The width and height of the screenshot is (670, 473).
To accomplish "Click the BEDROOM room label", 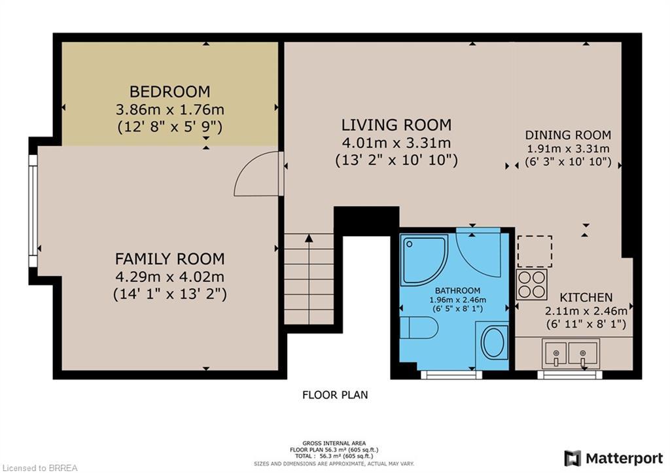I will [x=169, y=92].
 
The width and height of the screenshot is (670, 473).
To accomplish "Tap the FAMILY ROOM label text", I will [x=169, y=258].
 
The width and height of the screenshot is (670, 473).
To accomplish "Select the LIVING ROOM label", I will [x=397, y=125].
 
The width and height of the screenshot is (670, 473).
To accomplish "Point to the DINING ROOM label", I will [x=568, y=135].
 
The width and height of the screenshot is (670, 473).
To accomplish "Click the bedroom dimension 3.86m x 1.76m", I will [x=169, y=109].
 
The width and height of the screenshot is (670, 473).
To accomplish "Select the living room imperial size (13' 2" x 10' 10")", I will [x=397, y=160].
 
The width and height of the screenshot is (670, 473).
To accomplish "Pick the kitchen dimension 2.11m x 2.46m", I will [x=586, y=310].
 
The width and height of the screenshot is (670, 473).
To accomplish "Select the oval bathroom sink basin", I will [x=493, y=342].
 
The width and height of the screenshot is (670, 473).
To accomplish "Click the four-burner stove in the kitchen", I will [x=531, y=285].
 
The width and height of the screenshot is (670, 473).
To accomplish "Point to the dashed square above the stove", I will [x=535, y=252].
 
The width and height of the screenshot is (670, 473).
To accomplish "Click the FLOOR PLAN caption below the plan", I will [x=334, y=394].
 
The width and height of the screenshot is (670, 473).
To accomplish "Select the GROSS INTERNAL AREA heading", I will [x=334, y=443].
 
